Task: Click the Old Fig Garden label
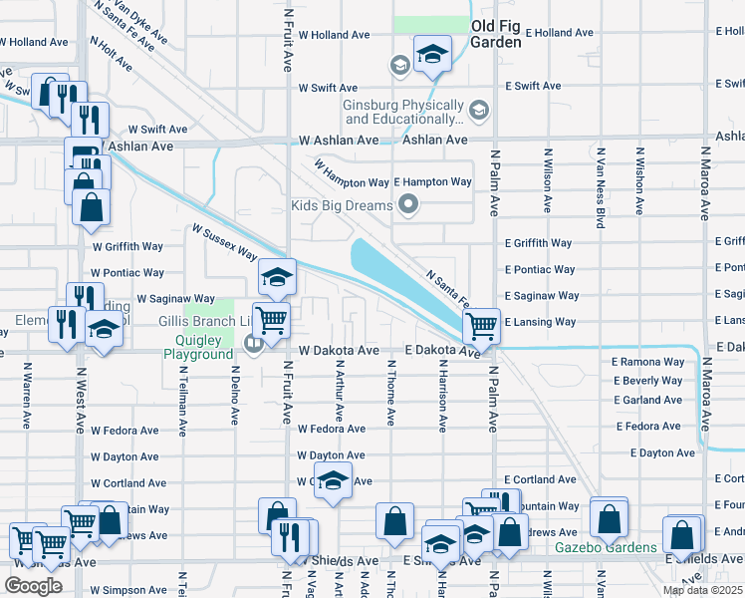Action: pyautogui.click(x=496, y=34)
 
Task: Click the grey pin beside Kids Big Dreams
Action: pyautogui.click(x=407, y=206)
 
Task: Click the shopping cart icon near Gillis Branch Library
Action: pyautogui.click(x=271, y=320)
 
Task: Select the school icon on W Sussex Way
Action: pyautogui.click(x=278, y=276)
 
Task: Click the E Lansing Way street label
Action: pyautogui.click(x=540, y=322)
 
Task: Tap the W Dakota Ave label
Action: pyautogui.click(x=339, y=351)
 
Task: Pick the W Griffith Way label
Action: pyautogui.click(x=126, y=246)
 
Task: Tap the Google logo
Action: pyautogui.click(x=33, y=586)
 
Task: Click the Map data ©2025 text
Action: pyautogui.click(x=702, y=590)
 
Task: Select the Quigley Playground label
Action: pyautogui.click(x=199, y=354)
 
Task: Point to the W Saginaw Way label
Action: pyautogui.click(x=175, y=298)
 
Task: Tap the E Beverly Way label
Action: pyautogui.click(x=647, y=381)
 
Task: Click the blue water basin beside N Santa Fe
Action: pyautogui.click(x=398, y=274)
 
